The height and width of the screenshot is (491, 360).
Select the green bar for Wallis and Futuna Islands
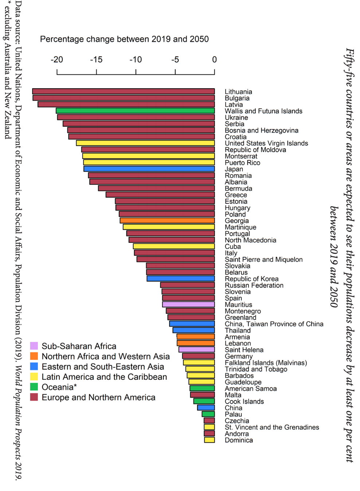tap(135, 111)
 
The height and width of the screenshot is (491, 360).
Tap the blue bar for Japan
tap(149, 169)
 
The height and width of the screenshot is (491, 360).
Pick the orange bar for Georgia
tap(167, 221)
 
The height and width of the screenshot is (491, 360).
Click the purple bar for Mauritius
tap(188, 304)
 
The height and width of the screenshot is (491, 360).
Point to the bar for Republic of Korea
tap(181, 278)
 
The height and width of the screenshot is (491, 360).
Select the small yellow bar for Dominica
tap(210, 440)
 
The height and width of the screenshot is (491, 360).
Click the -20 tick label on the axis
tap(57, 60)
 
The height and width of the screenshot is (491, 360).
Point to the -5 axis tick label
tap(175, 60)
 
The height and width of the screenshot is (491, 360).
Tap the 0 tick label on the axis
tap(214, 60)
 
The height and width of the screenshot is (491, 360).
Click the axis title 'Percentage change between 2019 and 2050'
tap(124, 39)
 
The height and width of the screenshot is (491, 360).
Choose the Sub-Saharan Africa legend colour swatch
tap(34, 346)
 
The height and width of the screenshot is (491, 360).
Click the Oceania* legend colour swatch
tap(34, 387)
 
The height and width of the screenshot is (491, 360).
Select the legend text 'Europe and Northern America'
tap(98, 397)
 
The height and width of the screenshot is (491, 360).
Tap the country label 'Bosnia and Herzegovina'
tap(261, 130)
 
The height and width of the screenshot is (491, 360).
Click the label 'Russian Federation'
tap(254, 285)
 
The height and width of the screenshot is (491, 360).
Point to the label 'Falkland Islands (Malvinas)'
tap(266, 363)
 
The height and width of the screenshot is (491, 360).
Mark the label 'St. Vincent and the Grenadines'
tap(272, 427)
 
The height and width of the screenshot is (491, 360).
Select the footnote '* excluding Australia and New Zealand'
tap(7, 69)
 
